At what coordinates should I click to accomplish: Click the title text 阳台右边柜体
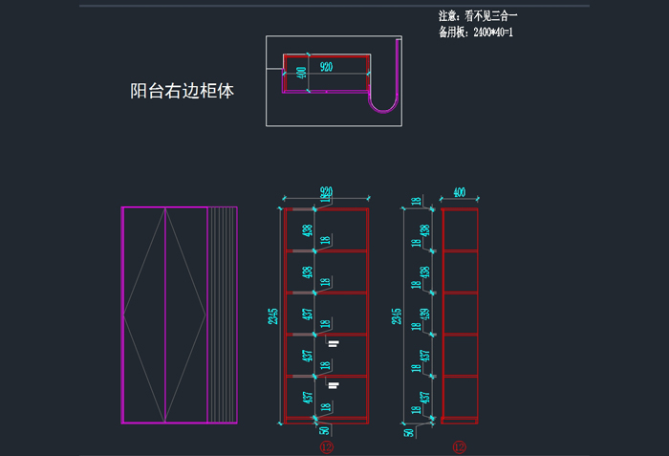coord(182,92)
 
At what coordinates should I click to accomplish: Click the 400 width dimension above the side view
coord(459,193)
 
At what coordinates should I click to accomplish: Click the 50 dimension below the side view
coord(410,433)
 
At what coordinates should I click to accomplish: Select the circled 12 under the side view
coord(459,446)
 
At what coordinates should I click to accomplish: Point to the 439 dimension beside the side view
coord(425,313)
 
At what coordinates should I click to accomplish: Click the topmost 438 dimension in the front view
coord(307,230)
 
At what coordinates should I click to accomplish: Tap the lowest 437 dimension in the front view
coord(307,397)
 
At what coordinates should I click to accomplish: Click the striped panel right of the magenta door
coord(222,314)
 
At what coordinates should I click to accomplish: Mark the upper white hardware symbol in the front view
coord(333,341)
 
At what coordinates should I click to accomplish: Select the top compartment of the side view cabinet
coord(459,230)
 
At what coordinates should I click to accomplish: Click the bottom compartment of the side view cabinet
coord(459,397)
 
